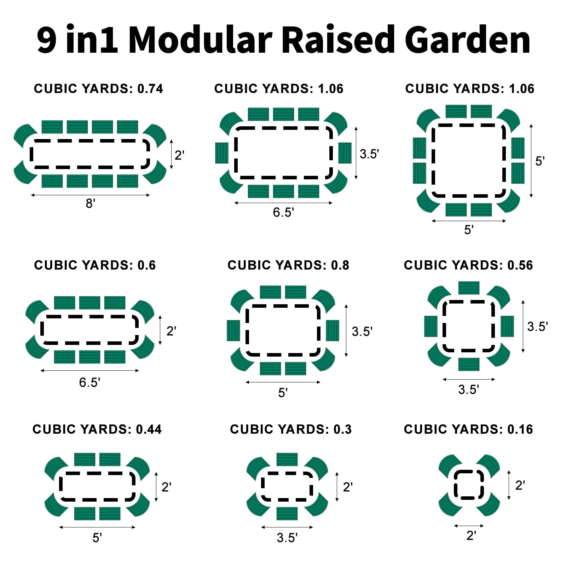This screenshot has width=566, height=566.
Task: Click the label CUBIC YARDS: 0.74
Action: (x=98, y=88)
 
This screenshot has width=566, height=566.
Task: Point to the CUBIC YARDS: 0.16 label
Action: (x=468, y=429)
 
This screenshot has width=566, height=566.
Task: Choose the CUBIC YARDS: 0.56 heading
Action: (x=468, y=265)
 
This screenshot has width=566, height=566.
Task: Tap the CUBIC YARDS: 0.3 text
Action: (x=291, y=429)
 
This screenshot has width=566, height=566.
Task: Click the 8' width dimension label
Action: (x=91, y=203)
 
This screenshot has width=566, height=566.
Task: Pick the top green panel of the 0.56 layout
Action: (x=469, y=288)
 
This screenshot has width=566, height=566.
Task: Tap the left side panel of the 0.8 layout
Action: (x=233, y=330)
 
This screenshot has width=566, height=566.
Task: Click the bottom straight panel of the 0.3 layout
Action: (x=287, y=513)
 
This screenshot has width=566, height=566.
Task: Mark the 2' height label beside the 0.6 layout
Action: (x=171, y=331)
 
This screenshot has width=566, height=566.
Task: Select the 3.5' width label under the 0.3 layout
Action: (x=287, y=538)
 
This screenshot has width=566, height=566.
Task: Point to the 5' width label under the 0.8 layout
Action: (x=283, y=393)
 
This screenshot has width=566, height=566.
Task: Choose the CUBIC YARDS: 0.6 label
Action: (x=95, y=265)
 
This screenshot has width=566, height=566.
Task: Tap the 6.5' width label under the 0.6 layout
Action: (x=89, y=382)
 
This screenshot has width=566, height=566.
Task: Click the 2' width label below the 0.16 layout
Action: (x=471, y=536)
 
